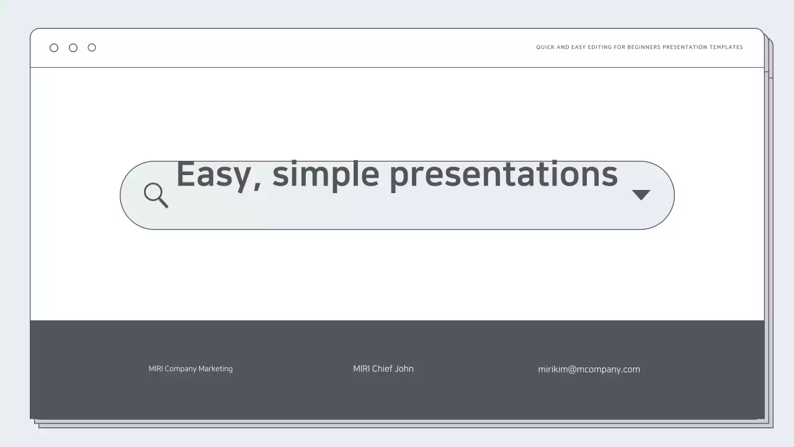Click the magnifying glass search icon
tap(155, 194)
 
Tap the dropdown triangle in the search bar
tap(641, 195)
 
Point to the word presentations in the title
tap(503, 174)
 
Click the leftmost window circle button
tap(54, 48)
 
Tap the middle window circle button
tap(73, 48)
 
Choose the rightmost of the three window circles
tap(92, 48)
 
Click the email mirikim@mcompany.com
tap(589, 369)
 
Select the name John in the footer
tap(404, 369)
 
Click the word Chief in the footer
tap(382, 369)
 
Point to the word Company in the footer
tap(181, 369)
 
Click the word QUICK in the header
tap(545, 47)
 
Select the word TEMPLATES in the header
tap(726, 47)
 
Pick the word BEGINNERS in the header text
tap(644, 47)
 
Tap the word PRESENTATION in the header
tap(685, 47)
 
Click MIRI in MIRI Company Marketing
tap(156, 369)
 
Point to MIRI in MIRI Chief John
tap(361, 369)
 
